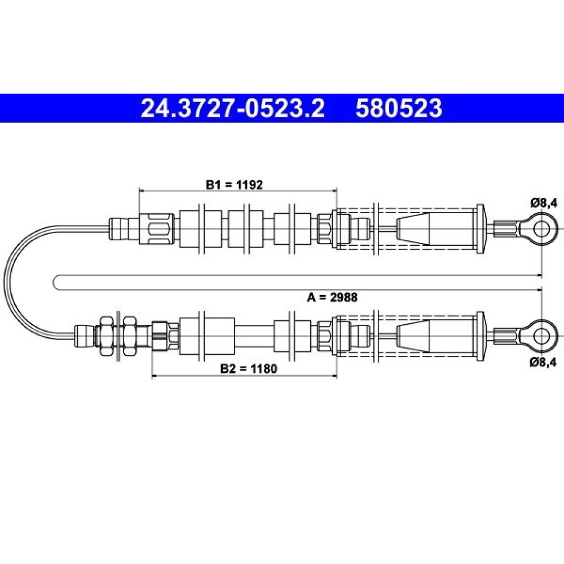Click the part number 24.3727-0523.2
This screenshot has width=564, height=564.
click(233, 108)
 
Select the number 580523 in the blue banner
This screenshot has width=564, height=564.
click(399, 108)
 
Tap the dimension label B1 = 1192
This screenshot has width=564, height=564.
click(234, 185)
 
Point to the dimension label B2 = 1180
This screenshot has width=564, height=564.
click(249, 369)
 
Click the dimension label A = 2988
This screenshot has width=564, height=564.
click(332, 297)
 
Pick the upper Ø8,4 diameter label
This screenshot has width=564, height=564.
click(544, 203)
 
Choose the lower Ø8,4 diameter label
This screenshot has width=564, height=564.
click(543, 362)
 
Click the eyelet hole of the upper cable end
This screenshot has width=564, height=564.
click(541, 229)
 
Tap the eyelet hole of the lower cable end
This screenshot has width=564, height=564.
click(541, 336)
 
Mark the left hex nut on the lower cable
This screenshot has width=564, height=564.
click(106, 336)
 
